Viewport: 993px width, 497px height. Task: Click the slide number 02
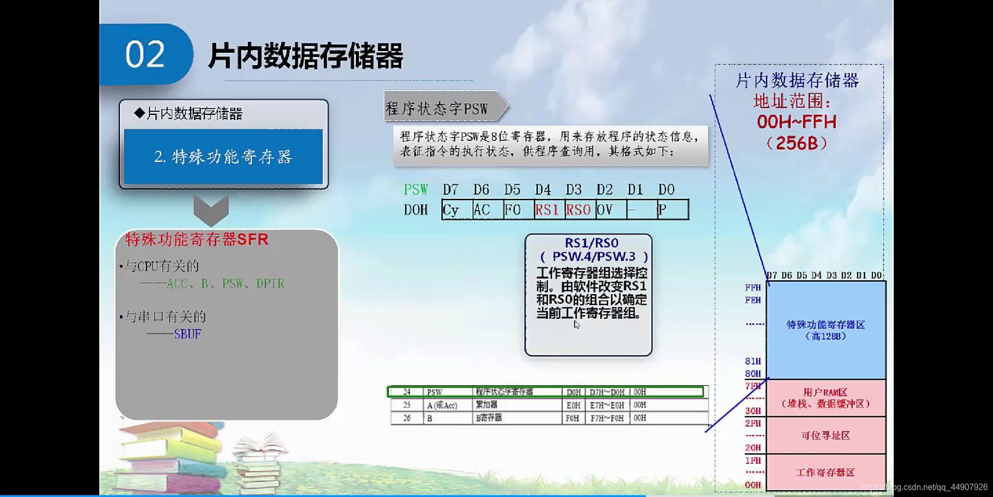coord(145,54)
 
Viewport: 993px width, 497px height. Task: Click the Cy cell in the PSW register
coord(457,210)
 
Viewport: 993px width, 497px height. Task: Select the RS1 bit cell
coord(549,210)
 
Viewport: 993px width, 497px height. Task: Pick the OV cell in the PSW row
coord(610,210)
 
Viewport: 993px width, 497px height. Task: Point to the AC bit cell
coord(487,210)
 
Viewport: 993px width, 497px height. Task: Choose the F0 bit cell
coord(518,210)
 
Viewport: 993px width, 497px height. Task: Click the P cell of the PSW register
coord(672,210)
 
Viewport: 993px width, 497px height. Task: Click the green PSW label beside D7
coord(416,189)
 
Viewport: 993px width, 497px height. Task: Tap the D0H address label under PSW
coord(416,210)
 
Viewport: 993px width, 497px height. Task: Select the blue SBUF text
coord(187,334)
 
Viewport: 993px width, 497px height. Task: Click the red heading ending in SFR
coord(197,240)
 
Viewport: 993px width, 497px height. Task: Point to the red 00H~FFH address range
coord(796,122)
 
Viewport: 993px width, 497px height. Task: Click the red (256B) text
coord(796,143)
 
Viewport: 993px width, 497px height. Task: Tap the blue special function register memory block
coord(825,330)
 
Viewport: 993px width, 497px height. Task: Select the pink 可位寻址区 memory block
coord(825,435)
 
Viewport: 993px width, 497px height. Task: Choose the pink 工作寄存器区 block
coord(825,472)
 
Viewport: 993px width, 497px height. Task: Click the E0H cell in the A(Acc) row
coord(573,405)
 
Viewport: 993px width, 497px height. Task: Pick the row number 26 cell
coord(407,418)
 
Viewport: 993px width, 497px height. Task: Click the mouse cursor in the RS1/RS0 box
coord(577,325)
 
